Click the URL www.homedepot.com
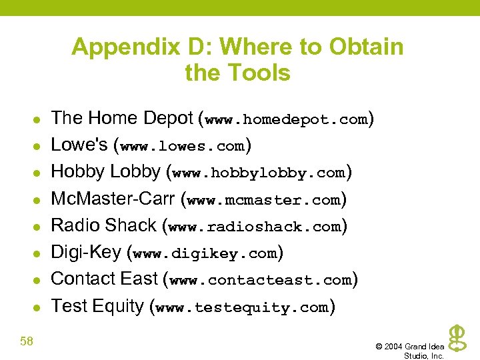click(287, 120)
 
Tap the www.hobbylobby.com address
click(258, 173)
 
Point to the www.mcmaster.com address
click(264, 200)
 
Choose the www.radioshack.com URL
click(255, 227)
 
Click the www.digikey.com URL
click(205, 254)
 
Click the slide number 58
click(27, 342)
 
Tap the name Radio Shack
click(103, 225)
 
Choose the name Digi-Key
click(86, 253)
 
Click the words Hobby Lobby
click(105, 172)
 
